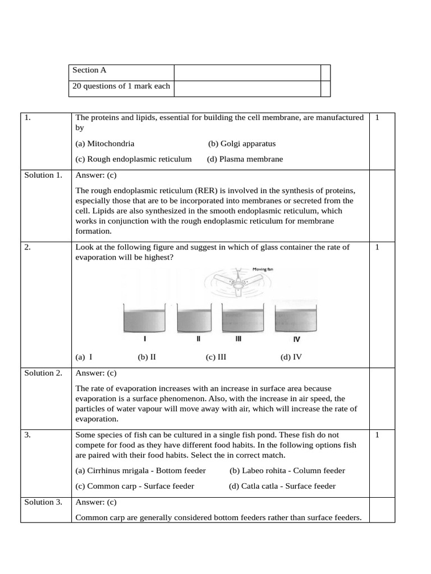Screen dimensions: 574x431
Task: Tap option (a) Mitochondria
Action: (105, 143)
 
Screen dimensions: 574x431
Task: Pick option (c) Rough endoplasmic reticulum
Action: (134, 159)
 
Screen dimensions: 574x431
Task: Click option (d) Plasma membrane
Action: (245, 159)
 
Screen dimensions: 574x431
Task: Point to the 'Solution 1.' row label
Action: (43, 175)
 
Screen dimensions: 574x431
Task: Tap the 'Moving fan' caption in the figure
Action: (262, 269)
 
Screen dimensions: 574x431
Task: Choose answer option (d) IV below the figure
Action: (291, 357)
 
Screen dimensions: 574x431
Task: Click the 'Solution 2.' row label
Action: (43, 373)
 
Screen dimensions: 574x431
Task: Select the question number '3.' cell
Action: (28, 435)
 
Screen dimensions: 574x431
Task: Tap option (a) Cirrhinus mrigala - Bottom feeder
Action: (140, 471)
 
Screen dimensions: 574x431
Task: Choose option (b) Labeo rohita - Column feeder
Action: (287, 471)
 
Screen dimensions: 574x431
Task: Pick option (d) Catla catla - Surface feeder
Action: (282, 486)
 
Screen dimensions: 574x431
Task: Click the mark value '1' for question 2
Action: (377, 247)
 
